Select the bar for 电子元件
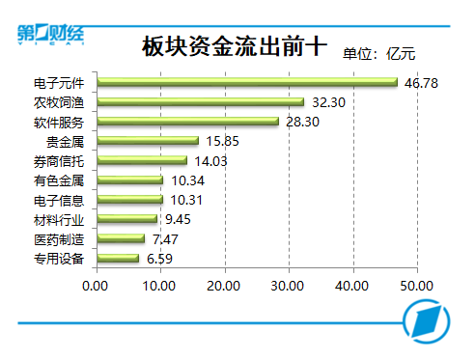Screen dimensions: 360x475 (x=247, y=83)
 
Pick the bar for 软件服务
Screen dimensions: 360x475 (x=187, y=122)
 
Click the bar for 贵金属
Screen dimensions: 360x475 (x=147, y=141)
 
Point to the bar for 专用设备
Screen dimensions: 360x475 (x=117, y=258)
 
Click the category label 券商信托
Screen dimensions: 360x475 (x=60, y=161)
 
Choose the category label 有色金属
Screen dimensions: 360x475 (x=60, y=180)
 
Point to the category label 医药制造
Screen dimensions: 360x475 (x=60, y=238)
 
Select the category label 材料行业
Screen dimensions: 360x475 (x=60, y=219)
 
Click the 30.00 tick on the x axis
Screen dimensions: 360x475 (x=289, y=286)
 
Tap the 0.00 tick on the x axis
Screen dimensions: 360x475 (x=96, y=286)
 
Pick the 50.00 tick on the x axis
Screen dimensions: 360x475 (x=417, y=286)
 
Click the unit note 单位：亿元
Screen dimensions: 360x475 (x=385, y=53)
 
